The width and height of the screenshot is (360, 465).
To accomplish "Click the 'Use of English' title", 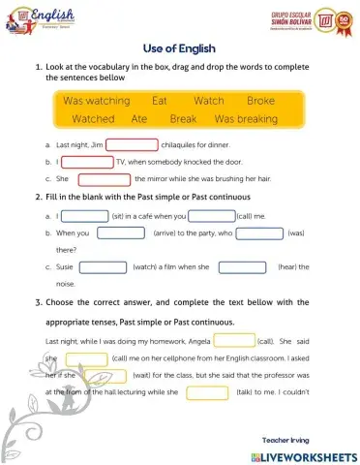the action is click(179, 46).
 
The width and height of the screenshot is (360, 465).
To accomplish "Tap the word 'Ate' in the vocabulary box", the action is click(139, 119).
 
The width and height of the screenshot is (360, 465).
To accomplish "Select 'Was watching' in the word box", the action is click(103, 101).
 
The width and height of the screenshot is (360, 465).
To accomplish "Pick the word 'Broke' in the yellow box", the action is click(260, 101).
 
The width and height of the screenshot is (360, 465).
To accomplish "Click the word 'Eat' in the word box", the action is click(161, 101).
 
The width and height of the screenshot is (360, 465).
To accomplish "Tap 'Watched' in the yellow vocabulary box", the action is click(94, 119).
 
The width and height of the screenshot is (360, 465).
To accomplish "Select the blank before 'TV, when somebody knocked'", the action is click(87, 162).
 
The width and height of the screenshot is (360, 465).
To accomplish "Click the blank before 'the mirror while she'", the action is click(104, 179).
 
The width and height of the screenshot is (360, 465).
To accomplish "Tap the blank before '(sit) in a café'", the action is click(84, 216).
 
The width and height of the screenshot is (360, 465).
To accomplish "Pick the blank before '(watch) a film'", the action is click(103, 266).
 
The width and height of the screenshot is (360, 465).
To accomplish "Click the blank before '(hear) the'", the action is click(242, 266).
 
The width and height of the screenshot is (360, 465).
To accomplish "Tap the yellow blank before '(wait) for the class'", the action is click(105, 376).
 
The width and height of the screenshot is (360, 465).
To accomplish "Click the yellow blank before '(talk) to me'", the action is click(206, 393).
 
